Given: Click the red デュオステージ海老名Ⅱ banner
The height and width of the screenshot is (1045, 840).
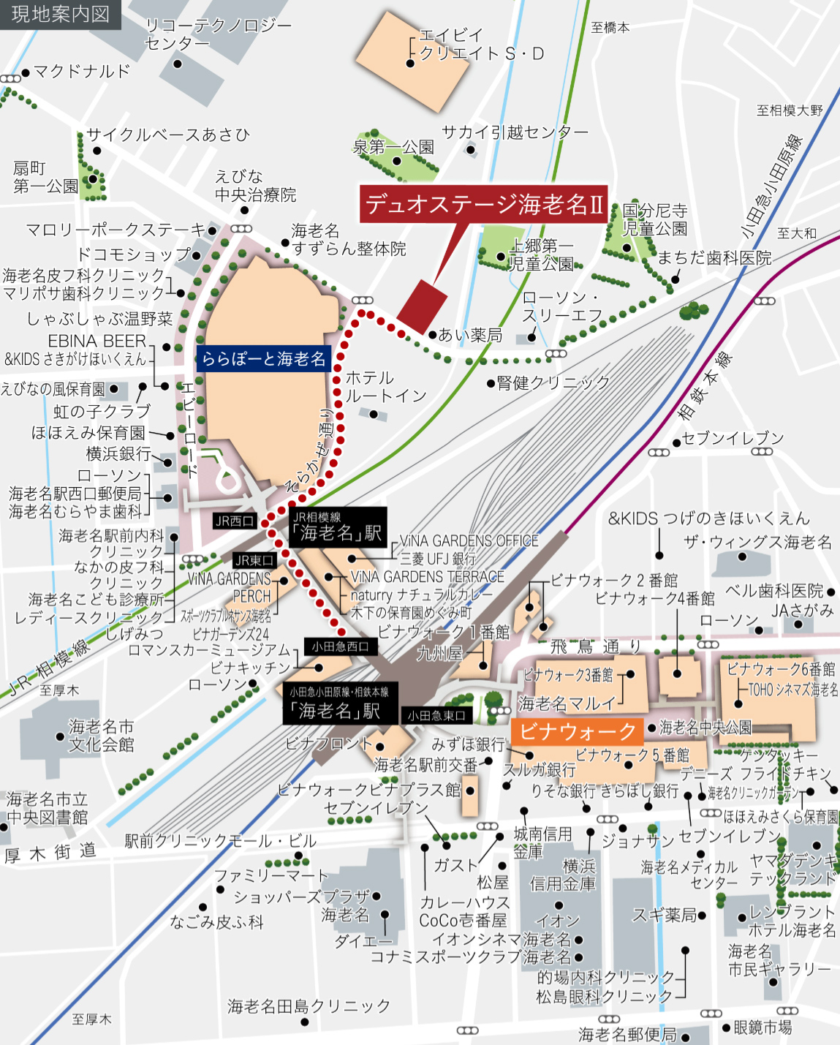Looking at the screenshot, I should click(x=485, y=204).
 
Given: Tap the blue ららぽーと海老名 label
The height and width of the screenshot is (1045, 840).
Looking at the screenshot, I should click(x=264, y=358).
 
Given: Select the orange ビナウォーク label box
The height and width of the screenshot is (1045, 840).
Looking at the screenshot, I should click(x=578, y=731).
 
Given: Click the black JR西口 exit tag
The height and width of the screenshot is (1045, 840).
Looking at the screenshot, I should click(x=235, y=521).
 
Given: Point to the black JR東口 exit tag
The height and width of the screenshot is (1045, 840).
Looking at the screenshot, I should click(x=254, y=560).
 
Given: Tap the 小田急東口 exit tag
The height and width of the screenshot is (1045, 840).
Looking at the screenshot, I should click(x=436, y=716).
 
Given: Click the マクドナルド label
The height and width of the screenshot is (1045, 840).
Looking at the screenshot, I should click(x=81, y=72).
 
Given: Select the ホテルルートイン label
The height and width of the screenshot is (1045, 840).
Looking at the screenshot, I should click(x=385, y=387).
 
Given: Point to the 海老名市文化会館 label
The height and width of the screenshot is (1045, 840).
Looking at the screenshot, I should click(x=102, y=736).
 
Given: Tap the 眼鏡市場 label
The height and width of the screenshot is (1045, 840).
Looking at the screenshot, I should click(x=763, y=1027).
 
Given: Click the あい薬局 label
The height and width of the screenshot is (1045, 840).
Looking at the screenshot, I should click(x=470, y=335).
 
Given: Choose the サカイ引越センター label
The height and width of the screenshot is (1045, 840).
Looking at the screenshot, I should click(x=515, y=132).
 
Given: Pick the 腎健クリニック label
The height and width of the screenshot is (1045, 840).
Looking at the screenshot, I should click(x=553, y=382).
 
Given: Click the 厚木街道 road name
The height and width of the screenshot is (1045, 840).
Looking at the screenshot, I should click(x=50, y=853).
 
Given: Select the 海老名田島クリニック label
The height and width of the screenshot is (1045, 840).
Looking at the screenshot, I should click(x=309, y=1006).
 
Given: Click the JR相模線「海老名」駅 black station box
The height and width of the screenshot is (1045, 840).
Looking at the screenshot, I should click(x=338, y=527).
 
